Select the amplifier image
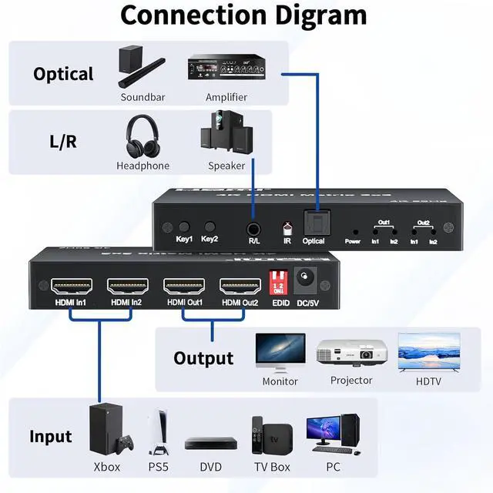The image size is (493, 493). point(226,70)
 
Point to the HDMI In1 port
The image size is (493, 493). point(72,287)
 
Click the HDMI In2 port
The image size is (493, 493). point(127,287)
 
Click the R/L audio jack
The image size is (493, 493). point(253,228)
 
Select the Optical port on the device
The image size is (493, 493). point(314,224)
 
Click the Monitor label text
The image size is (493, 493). point(280,381)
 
